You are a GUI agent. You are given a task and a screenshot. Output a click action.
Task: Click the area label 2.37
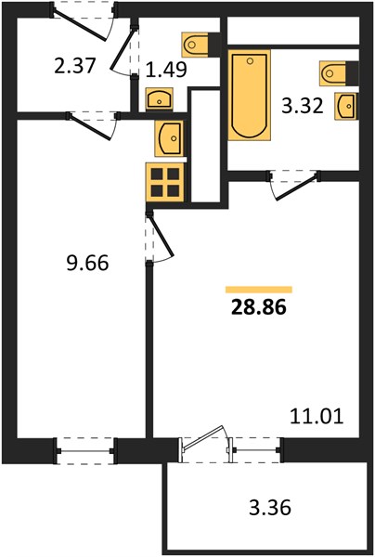click(75, 66)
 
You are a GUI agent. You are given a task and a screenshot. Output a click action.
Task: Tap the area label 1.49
click(166, 70)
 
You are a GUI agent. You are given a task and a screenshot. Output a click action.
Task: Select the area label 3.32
click(303, 106)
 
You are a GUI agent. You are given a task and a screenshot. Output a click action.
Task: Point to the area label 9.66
click(87, 264)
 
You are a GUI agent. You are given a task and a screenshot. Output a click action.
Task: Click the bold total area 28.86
click(259, 307)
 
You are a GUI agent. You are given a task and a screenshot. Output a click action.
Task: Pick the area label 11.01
click(317, 416)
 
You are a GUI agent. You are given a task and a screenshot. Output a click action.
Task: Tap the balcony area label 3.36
click(270, 507)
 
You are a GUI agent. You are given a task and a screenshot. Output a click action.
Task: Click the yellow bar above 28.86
click(259, 290)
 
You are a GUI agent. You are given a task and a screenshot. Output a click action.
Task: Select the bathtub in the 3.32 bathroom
click(250, 96)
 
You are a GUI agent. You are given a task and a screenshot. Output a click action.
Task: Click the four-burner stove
click(165, 182)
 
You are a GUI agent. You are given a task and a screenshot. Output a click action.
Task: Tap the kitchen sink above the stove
click(169, 138)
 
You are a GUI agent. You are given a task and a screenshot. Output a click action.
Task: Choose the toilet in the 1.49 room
click(200, 45)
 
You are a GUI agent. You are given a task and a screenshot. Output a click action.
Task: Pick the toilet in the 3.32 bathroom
click(339, 73)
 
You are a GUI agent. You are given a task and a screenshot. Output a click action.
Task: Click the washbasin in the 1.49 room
click(159, 98)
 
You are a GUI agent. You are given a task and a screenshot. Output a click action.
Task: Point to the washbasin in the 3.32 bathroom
click(346, 106)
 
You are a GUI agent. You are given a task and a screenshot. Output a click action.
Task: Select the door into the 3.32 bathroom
click(296, 188)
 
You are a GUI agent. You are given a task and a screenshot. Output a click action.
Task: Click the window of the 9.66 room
click(85, 451)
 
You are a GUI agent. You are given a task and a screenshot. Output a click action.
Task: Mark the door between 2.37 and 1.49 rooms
click(123, 49)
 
